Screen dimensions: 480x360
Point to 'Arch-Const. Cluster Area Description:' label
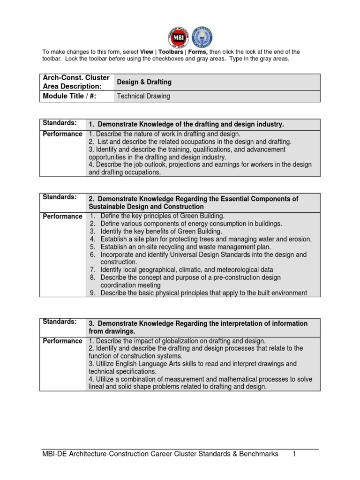tap(76, 82)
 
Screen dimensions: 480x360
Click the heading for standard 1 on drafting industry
tap(187, 124)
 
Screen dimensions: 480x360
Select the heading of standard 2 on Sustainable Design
tap(193, 202)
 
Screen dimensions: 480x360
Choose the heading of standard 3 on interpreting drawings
tap(198, 327)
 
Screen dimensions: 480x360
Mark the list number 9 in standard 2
tap(93, 293)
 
